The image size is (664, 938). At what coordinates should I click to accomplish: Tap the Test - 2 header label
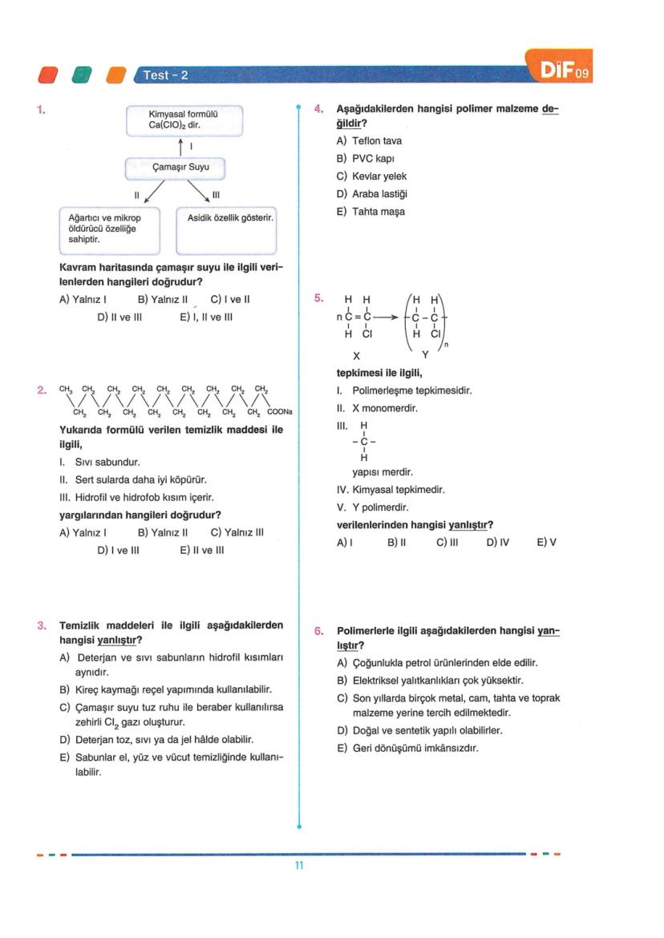click(x=165, y=75)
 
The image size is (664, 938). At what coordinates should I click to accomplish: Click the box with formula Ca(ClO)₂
click(x=184, y=120)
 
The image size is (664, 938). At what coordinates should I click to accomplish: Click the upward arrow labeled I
click(x=182, y=147)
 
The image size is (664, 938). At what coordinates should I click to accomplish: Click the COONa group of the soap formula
click(x=280, y=412)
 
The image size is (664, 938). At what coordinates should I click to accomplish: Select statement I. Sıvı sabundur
click(x=100, y=463)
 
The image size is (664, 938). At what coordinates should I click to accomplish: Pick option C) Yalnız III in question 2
click(x=237, y=532)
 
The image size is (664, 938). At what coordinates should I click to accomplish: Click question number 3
click(x=41, y=625)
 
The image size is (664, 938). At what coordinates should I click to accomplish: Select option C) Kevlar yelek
click(x=371, y=176)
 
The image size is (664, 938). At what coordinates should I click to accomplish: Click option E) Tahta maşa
click(x=370, y=212)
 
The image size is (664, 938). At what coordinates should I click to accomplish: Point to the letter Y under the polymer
click(x=425, y=354)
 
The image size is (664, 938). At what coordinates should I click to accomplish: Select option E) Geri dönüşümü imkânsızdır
click(x=408, y=748)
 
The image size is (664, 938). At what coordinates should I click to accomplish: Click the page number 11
click(x=298, y=866)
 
